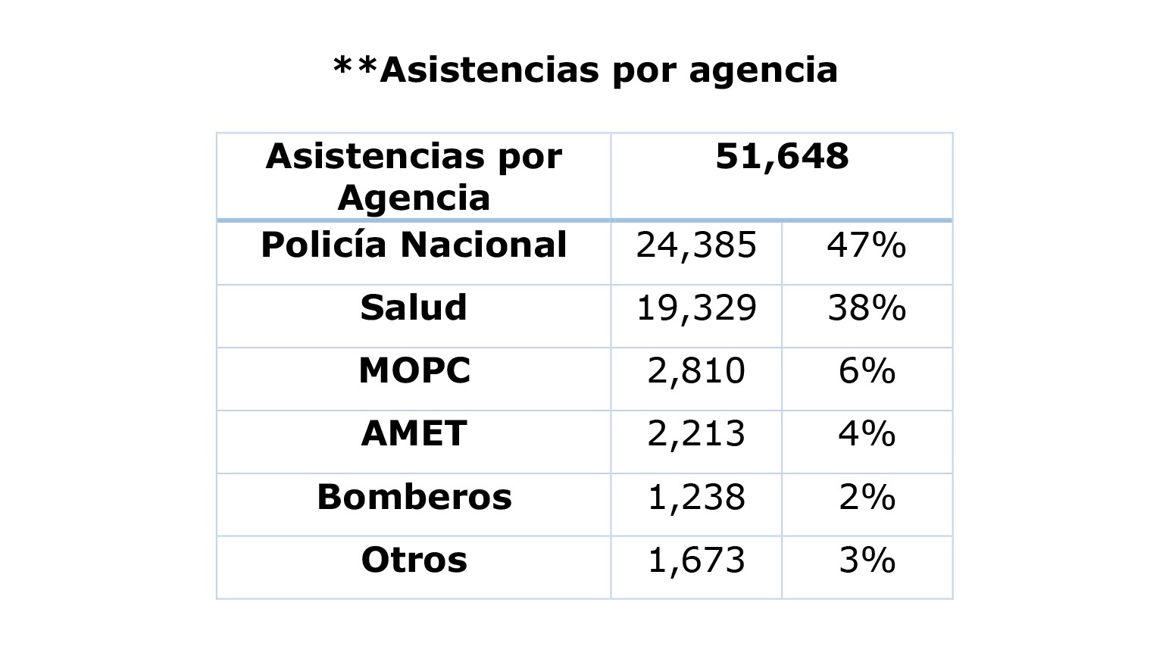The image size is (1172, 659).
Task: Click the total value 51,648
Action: pos(782,157)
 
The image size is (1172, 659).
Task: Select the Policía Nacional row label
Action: pos(414,245)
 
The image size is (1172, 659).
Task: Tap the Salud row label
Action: pos(414,308)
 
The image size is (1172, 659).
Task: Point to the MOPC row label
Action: pos(414,371)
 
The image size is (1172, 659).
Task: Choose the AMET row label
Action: pos(414,434)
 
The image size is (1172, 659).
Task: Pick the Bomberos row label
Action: pos(414,497)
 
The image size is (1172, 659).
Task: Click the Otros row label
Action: pos(414,561)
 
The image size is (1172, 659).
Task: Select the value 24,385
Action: pos(696,245)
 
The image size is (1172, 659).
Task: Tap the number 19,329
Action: pos(696,308)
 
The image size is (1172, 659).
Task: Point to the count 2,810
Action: pos(696,371)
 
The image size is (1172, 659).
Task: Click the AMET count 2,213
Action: pos(696,434)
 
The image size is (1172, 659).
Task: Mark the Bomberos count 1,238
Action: pos(696,497)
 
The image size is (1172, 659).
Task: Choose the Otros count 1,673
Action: pos(696,561)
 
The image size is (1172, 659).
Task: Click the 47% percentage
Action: pos(867,245)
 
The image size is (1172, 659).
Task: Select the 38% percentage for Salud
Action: pos(867,308)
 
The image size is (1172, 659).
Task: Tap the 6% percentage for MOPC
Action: pos(867,371)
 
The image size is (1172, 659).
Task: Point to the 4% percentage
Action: pos(867,434)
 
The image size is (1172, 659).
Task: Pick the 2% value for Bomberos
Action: pos(867,497)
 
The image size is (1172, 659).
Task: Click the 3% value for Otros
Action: pos(867,561)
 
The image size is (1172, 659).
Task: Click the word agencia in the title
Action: pos(763,70)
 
